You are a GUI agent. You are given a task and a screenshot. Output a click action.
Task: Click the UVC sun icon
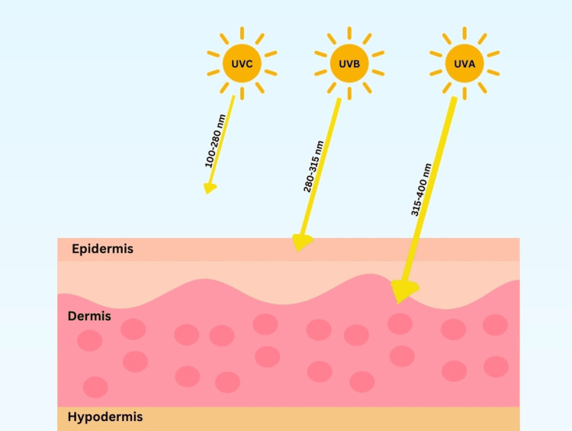click(x=242, y=63)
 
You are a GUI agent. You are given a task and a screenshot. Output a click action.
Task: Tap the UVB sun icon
click(x=349, y=63)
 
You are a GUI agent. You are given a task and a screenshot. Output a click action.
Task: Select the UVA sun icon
click(x=464, y=63)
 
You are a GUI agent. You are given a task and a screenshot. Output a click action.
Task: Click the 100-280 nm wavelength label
click(x=217, y=143)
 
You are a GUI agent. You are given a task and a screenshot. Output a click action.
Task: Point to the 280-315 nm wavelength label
click(x=313, y=166)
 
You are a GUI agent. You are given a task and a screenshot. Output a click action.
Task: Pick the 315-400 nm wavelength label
click(x=422, y=189)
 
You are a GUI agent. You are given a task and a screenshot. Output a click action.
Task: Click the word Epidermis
click(x=102, y=249)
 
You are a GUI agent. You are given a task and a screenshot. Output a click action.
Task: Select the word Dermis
click(x=89, y=316)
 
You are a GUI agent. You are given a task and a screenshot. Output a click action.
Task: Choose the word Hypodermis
click(x=105, y=417)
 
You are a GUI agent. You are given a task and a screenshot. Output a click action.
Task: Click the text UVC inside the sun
click(x=242, y=63)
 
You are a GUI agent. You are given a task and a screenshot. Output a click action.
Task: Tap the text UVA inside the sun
click(x=464, y=63)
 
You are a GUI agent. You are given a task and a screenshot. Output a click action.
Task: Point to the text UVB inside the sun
click(x=349, y=63)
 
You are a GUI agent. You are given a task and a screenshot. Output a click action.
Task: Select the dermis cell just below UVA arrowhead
click(x=400, y=324)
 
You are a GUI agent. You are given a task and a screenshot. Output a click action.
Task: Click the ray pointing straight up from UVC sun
click(x=242, y=33)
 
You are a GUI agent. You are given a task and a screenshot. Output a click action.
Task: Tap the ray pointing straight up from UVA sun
click(x=464, y=33)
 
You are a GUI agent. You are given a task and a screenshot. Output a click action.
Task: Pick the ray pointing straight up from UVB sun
click(x=349, y=33)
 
